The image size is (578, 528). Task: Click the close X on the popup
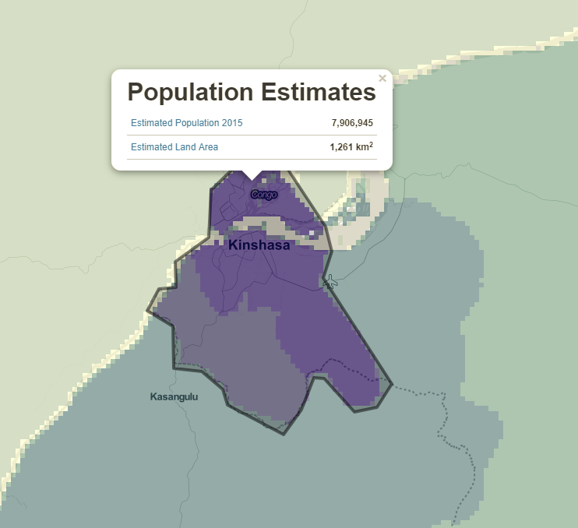coord(382,79)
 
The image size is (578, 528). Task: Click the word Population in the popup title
coord(190,93)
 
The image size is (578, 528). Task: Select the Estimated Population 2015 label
coord(187,123)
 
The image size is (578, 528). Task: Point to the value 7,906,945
coord(352,123)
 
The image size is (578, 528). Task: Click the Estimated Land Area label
coord(174,147)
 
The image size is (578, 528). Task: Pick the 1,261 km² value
coord(351,146)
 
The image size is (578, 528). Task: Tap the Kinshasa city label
coord(259,245)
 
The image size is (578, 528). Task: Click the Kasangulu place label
coord(174,397)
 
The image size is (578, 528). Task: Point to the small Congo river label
coord(264,195)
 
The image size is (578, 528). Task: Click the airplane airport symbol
coord(331,281)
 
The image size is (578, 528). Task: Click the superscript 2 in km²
coord(370,144)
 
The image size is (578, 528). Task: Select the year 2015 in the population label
coord(233,123)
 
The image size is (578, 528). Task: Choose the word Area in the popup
coord(208,147)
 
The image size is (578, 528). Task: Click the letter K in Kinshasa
coord(233,245)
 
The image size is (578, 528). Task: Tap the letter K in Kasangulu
coord(153,397)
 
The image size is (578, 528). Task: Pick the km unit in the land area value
coord(361,147)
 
